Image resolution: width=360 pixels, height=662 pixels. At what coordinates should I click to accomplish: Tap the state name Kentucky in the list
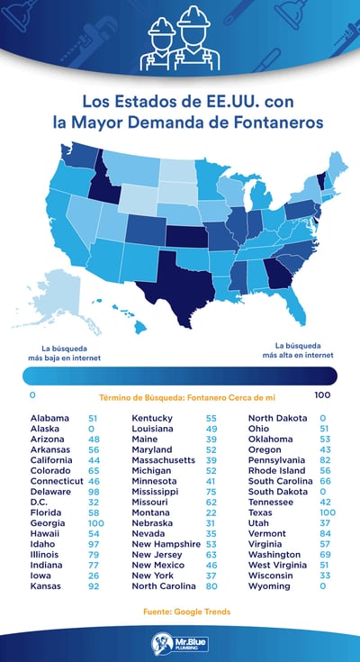[x=154, y=419]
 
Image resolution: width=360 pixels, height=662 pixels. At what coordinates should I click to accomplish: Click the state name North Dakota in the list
[x=277, y=419]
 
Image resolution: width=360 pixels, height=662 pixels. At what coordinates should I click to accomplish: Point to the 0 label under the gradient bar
[x=31, y=395]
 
